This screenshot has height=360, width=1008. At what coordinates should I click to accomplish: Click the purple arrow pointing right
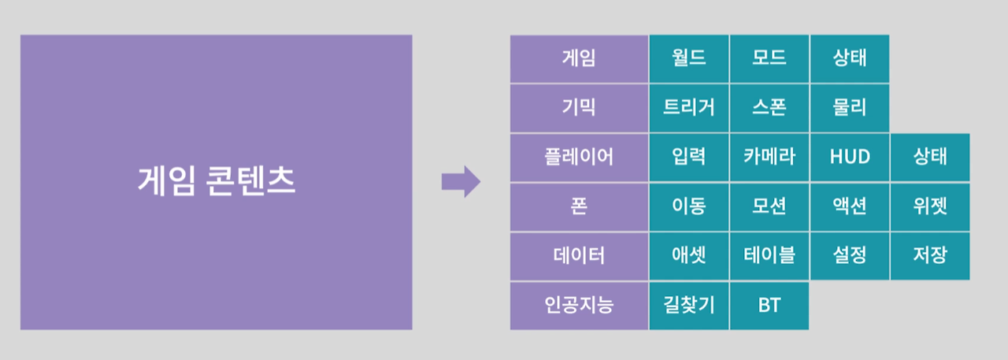pos(461,181)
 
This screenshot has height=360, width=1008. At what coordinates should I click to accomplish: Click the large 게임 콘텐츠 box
pos(216,182)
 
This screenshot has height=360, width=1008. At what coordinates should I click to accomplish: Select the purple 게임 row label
pos(579,58)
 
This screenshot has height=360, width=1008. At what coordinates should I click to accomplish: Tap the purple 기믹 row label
pos(579,108)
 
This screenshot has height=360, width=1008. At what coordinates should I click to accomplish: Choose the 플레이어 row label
pos(579,157)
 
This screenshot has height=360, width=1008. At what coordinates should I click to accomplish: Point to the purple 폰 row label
pos(579,206)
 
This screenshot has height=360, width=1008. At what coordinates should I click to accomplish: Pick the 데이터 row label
pos(579,255)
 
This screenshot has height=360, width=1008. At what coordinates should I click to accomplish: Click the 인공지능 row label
pos(579,305)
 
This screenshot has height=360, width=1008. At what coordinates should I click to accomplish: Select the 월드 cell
pos(689,58)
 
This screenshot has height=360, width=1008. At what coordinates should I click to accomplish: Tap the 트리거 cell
pos(689,108)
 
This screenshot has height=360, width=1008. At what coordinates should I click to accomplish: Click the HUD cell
pos(850,157)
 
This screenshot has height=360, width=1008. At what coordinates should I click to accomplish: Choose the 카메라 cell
pos(769,157)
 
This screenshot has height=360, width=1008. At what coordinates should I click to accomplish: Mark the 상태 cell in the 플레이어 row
pos(930,157)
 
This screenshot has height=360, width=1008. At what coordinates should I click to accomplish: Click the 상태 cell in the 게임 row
pos(850,58)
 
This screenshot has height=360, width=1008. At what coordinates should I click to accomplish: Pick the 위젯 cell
pos(930,206)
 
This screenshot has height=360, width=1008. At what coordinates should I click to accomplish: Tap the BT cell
pos(769,305)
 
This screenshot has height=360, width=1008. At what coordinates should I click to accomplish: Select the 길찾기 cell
pos(689,305)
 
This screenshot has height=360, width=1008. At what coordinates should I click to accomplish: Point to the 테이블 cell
pos(769,255)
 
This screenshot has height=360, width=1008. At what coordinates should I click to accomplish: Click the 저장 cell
pos(930,255)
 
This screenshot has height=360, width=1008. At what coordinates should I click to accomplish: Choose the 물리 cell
pos(850,108)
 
